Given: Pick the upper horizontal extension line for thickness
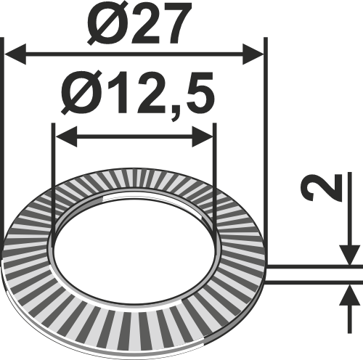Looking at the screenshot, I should click(x=312, y=266).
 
